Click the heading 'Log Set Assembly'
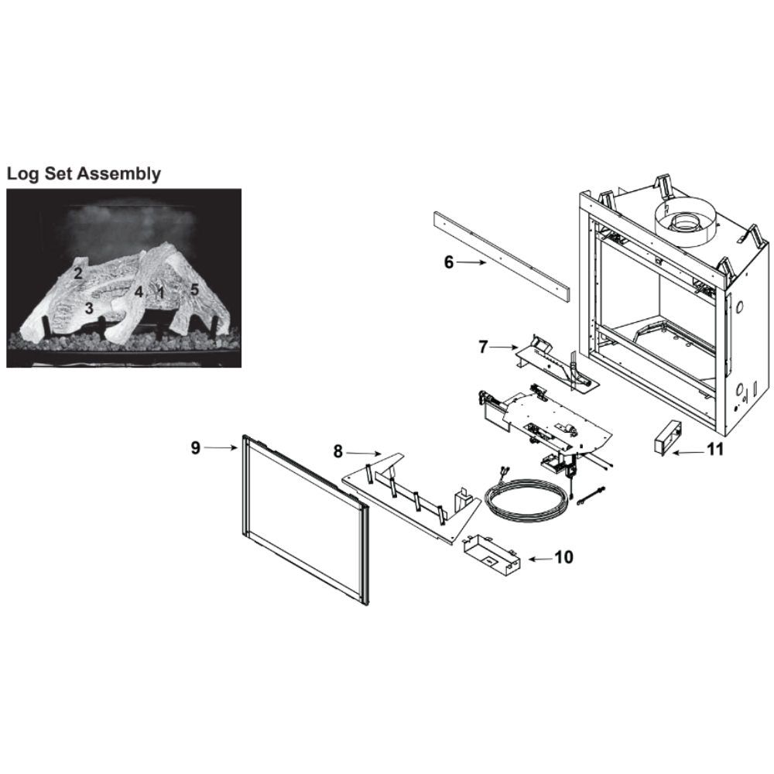84,173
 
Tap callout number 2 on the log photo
78,273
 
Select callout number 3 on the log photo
89,309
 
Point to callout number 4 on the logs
139,293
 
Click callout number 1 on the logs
160,293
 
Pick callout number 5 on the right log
194,289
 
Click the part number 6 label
448,262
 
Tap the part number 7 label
483,347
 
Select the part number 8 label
337,451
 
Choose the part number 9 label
196,447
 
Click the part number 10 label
563,557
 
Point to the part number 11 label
714,450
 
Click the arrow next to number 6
471,263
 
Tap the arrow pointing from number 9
221,447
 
